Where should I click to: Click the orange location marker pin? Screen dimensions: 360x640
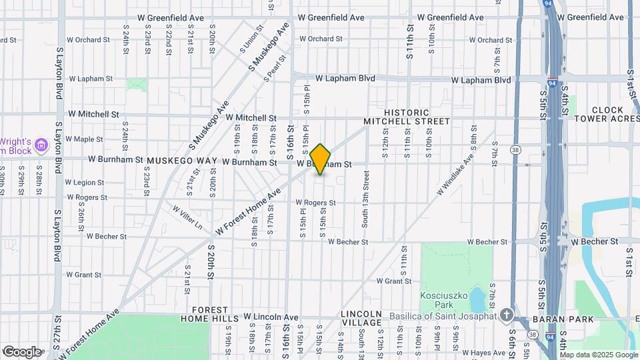320,159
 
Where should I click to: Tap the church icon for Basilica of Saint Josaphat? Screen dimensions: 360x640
507,315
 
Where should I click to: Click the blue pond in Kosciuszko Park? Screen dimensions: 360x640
477,299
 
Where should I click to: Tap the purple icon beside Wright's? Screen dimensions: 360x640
41,145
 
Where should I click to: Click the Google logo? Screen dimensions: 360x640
21,351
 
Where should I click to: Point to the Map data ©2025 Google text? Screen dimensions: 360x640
599,355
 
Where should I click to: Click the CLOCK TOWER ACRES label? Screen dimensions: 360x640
607,114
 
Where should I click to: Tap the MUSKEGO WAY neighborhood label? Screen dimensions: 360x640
182,161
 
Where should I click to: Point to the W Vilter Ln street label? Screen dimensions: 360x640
187,217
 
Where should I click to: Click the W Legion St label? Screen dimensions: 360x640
85,182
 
